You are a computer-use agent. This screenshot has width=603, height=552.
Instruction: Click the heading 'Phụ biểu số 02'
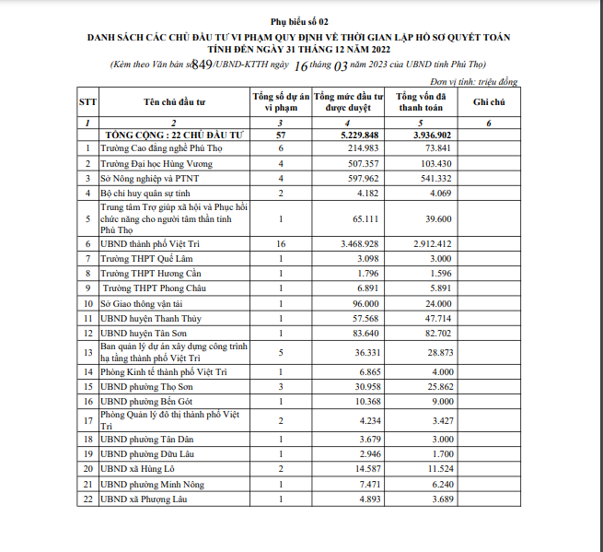[x=298, y=19]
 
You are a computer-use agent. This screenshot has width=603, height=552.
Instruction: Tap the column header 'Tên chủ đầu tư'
[x=172, y=100]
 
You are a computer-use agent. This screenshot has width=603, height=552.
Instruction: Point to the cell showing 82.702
[x=434, y=333]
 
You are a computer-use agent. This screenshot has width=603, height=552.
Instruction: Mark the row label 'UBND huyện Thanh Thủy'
[x=150, y=318]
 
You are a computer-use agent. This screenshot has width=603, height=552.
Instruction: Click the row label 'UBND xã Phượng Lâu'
[x=145, y=499]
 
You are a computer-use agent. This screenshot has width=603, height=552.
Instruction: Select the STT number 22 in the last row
[x=87, y=499]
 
